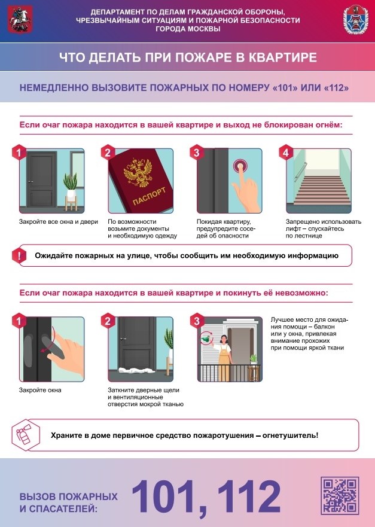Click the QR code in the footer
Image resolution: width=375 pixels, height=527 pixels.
click(340, 495)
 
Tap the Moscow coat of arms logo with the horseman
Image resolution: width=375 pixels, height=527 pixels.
click(20, 20)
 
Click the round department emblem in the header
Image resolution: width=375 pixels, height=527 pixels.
click(355, 20)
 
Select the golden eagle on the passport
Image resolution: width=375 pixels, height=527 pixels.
click(138, 172)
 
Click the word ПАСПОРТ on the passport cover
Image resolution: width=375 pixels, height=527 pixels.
click(149, 196)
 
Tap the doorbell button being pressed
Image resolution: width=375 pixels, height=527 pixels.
click(239, 166)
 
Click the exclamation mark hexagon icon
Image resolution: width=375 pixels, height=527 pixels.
click(19, 255)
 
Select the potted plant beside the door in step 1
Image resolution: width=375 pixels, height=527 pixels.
click(71, 191)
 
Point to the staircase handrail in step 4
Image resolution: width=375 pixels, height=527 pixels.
click(300, 172)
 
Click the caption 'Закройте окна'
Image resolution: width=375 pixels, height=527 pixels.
click(40, 390)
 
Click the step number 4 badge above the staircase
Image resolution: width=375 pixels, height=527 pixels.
click(286, 153)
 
